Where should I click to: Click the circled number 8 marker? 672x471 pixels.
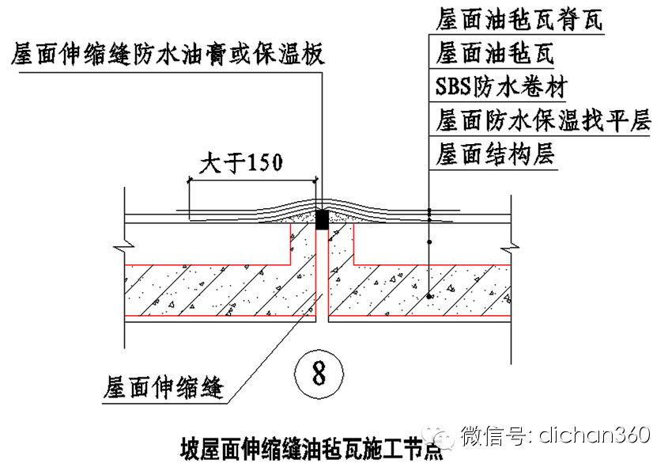click(318, 371)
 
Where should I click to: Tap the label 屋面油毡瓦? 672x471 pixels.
click(495, 53)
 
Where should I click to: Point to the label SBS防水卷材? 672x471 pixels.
click(501, 86)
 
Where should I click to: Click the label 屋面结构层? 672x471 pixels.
click(495, 154)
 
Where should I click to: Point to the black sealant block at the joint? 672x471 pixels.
click(321, 219)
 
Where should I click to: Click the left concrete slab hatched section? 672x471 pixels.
click(213, 290)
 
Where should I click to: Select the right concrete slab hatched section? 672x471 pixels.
click(419, 290)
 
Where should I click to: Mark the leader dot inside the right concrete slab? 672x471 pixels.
click(428, 296)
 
